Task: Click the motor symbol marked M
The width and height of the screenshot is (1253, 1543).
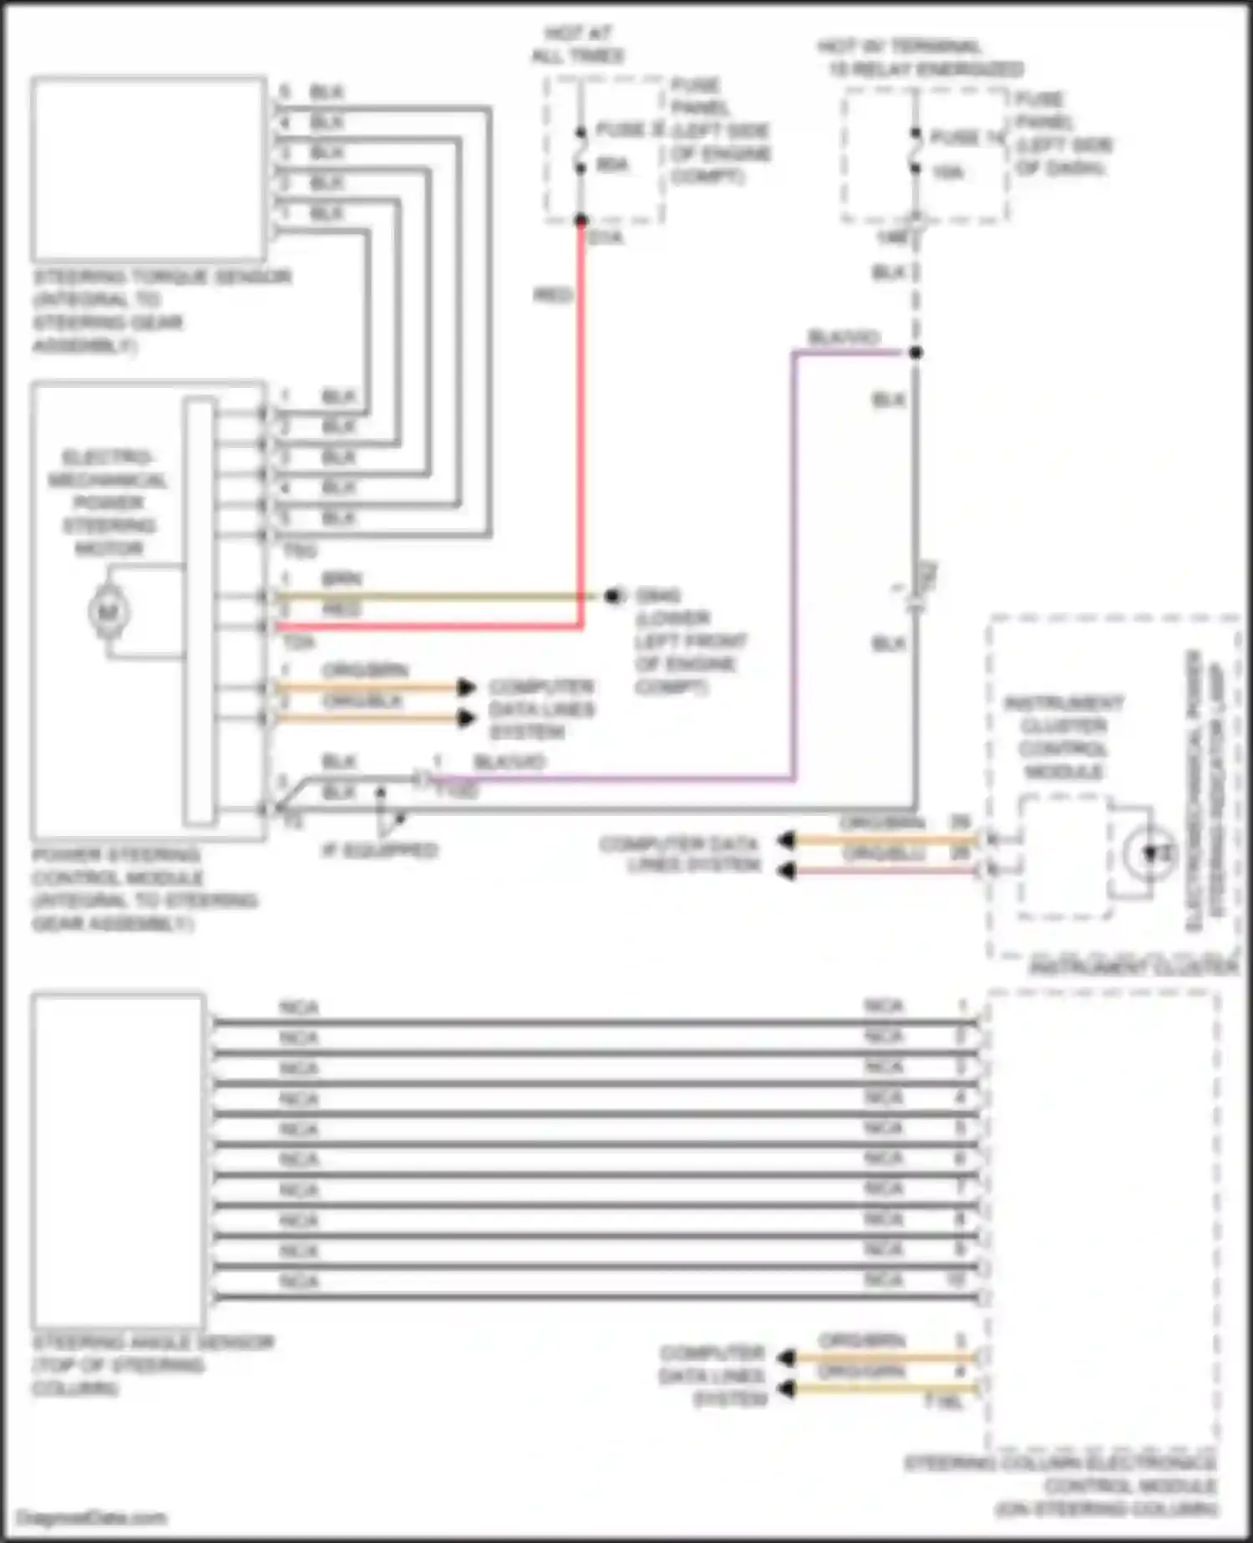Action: [x=109, y=612]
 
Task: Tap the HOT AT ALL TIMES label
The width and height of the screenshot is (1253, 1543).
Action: [x=578, y=45]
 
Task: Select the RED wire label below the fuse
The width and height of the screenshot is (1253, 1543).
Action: [x=552, y=295]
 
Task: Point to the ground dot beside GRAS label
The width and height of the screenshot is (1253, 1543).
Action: [x=614, y=596]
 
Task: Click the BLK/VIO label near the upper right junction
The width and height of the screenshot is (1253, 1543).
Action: [x=844, y=337]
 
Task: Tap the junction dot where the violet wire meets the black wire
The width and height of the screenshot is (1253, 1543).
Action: [x=916, y=353]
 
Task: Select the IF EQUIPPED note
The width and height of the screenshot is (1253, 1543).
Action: [x=380, y=851]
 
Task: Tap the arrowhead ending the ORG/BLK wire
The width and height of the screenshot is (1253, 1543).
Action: [x=466, y=718]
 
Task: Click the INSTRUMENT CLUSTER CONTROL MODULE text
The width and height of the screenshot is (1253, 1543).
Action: [x=1063, y=736]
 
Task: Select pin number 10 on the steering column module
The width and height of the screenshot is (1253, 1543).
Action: [x=956, y=1280]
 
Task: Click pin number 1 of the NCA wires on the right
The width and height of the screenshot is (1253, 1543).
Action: [x=961, y=1006]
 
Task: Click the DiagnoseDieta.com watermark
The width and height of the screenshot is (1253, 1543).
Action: [x=92, y=1517]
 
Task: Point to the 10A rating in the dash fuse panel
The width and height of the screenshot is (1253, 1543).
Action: [x=947, y=173]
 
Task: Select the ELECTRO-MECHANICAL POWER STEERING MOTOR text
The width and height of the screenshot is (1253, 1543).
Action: [x=109, y=502]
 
